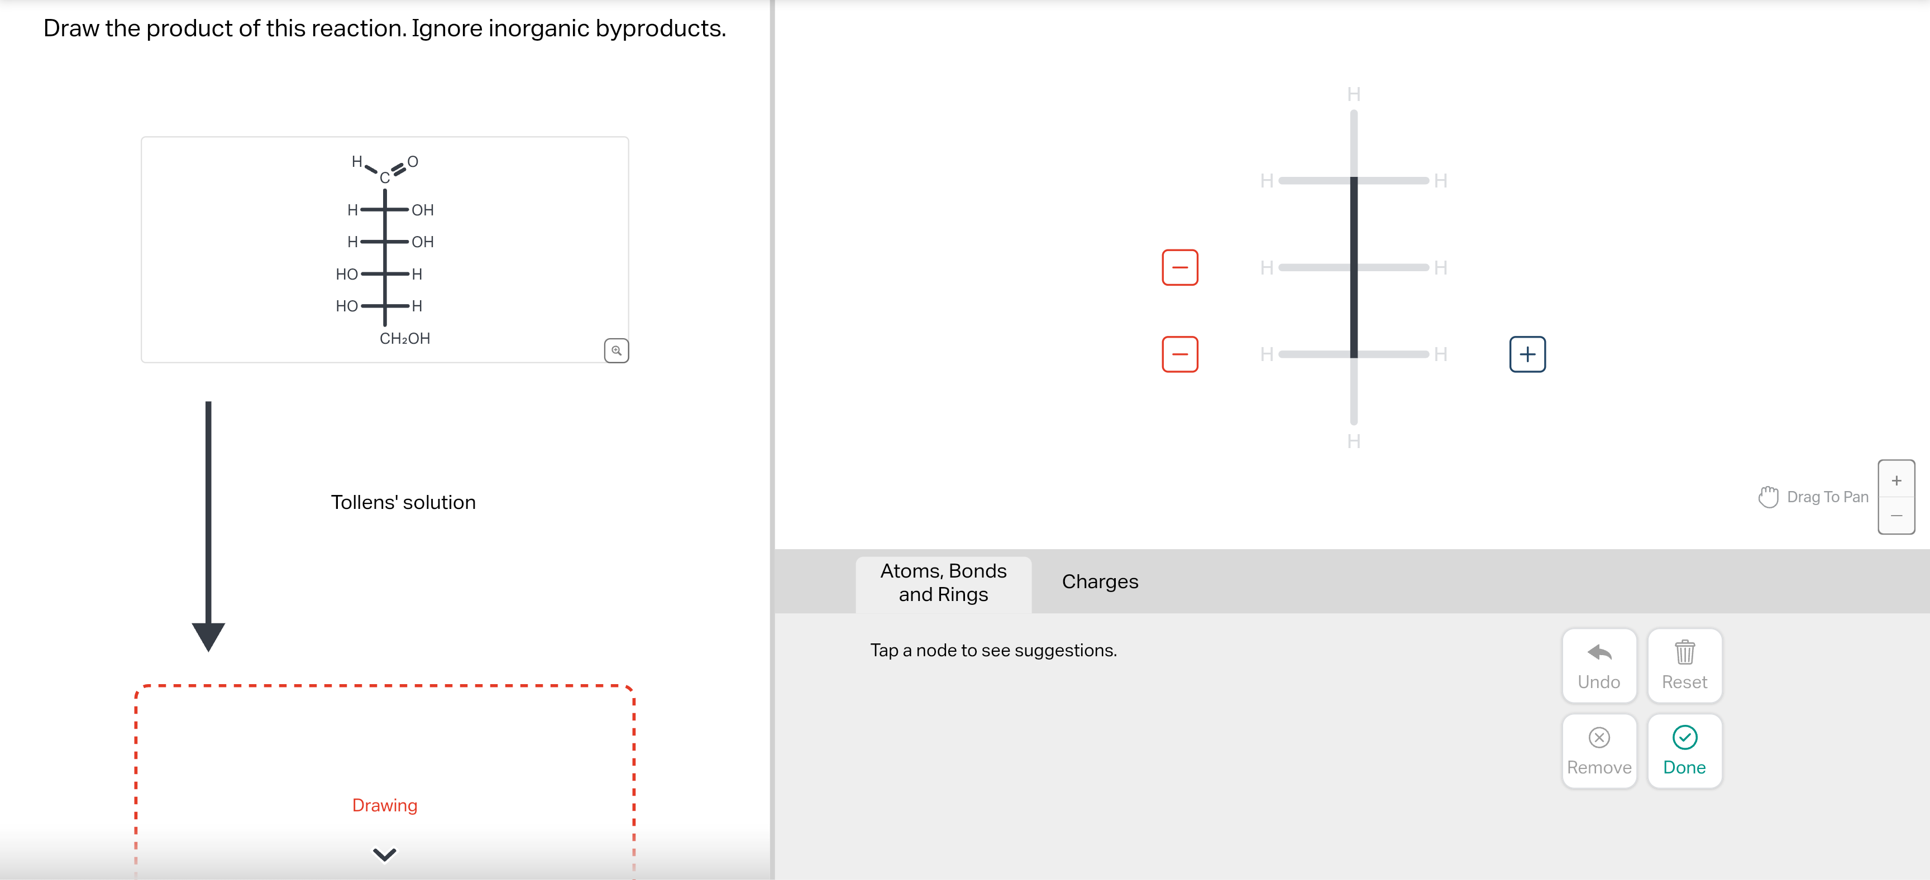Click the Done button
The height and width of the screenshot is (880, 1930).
pos(1684,751)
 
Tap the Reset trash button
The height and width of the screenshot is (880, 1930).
pos(1684,665)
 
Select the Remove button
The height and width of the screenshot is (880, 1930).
pos(1598,751)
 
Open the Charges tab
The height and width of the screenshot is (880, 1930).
pos(1099,582)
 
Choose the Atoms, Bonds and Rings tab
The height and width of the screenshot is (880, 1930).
pos(943,583)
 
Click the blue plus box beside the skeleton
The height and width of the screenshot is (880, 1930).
pos(1527,354)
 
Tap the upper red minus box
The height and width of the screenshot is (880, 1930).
pos(1179,267)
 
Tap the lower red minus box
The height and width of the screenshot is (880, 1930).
pos(1179,354)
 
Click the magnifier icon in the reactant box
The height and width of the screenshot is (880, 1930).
pos(616,350)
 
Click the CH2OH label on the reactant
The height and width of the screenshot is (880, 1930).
pos(404,339)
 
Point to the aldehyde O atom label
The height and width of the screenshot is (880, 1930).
pos(413,162)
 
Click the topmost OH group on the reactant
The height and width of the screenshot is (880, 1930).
pos(423,210)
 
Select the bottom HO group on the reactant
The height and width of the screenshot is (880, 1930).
pos(346,306)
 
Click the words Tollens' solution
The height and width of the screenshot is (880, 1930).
pos(403,503)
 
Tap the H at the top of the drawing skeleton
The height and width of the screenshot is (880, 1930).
pos(1353,94)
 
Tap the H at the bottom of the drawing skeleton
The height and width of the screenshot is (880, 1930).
pos(1353,441)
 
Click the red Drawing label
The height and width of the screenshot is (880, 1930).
pos(384,805)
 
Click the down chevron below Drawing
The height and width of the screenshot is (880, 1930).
pos(384,854)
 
